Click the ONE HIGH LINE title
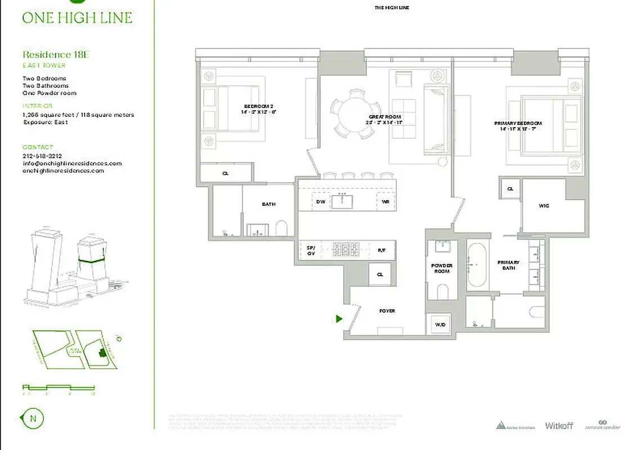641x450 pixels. (77, 17)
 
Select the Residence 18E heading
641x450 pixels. (56, 55)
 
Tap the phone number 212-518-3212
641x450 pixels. (42, 156)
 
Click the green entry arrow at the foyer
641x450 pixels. (339, 319)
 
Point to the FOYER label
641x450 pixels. (387, 311)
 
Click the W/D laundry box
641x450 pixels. (440, 324)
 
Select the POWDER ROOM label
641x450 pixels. (442, 268)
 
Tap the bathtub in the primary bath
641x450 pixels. (479, 264)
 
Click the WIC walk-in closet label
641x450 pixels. (544, 206)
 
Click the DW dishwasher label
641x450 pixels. (320, 201)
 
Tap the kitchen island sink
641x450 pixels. (342, 201)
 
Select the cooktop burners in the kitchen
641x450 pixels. (345, 248)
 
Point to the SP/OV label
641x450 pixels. (310, 250)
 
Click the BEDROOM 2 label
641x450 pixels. (259, 109)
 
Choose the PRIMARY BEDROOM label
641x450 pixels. (518, 126)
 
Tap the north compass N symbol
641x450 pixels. (33, 418)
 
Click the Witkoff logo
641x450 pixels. (559, 426)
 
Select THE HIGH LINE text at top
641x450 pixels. (391, 7)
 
